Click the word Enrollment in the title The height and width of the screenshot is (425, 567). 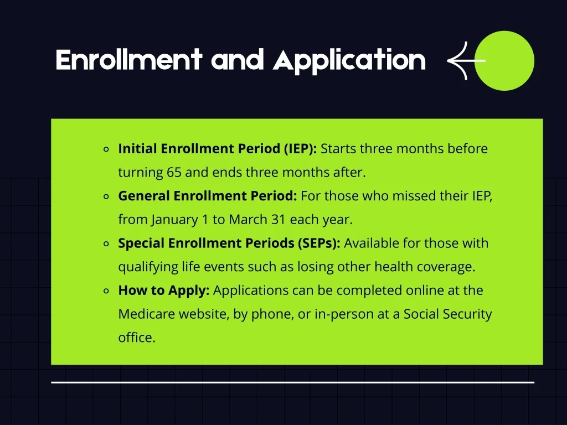click(128, 60)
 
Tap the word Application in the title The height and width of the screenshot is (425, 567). click(349, 61)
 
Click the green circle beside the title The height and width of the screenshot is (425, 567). click(504, 61)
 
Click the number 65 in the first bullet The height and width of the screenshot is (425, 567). click(174, 173)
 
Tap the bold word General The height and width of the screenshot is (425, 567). click(144, 196)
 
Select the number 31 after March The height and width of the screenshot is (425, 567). click(279, 219)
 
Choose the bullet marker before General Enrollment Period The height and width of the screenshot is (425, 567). click(106, 196)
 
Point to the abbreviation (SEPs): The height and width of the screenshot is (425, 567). click(319, 243)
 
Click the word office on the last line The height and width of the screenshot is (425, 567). click(137, 338)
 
